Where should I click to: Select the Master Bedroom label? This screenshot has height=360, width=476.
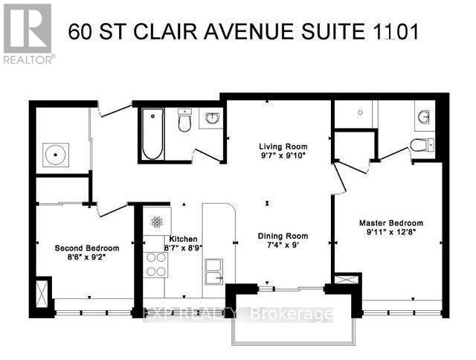click(390, 223)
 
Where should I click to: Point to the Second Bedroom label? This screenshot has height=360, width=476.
click(87, 248)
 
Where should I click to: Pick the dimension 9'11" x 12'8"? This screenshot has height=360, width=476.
click(390, 233)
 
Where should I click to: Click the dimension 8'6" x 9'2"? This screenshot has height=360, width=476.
click(87, 258)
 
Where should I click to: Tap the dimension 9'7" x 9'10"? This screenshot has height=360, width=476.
click(282, 156)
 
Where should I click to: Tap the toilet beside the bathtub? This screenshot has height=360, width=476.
click(184, 121)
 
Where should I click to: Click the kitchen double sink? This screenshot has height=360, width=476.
click(213, 271)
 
